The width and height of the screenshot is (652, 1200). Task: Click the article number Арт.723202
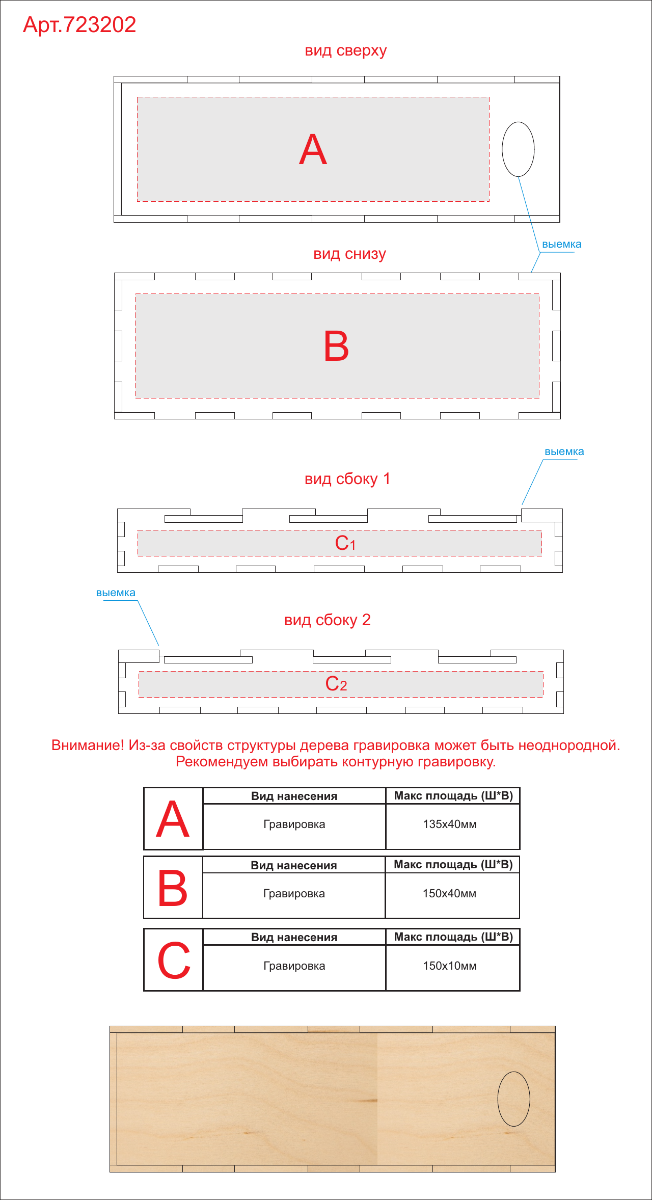(x=79, y=25)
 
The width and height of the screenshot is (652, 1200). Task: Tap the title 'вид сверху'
(x=346, y=51)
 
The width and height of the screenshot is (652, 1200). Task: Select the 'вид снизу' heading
(x=349, y=254)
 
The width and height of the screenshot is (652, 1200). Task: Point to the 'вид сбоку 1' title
(x=347, y=479)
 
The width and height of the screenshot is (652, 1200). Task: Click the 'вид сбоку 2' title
(x=328, y=620)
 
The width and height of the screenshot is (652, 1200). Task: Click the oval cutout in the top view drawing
(x=502, y=149)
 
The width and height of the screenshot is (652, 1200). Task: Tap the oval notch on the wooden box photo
(x=498, y=1099)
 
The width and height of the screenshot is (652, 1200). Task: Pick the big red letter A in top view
(x=313, y=150)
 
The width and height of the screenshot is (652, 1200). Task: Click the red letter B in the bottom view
(x=336, y=346)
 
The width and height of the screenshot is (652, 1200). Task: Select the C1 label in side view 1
(x=345, y=543)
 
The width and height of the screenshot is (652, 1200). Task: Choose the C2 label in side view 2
(x=336, y=684)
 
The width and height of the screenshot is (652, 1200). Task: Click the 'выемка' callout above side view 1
(x=564, y=452)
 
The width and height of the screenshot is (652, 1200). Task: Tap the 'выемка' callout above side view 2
(x=116, y=593)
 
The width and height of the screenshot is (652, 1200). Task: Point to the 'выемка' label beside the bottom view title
(x=561, y=245)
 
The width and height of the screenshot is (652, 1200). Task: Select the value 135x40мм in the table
(x=450, y=824)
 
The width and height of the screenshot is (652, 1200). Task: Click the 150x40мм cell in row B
(x=449, y=894)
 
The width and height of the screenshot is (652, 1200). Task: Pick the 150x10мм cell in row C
(x=450, y=966)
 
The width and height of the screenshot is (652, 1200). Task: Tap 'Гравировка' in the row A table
(x=294, y=824)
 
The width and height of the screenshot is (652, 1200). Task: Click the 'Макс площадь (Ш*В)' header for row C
(x=453, y=937)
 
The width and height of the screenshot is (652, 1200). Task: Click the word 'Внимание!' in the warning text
(x=88, y=745)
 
